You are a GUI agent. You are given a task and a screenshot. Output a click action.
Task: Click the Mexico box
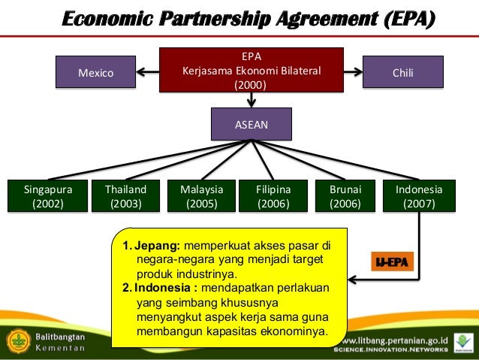pos(96,73)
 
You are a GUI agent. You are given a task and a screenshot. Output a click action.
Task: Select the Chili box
pos(402,73)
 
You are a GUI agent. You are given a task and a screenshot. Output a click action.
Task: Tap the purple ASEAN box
pos(252,124)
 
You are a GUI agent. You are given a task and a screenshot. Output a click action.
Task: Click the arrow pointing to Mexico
pos(147,73)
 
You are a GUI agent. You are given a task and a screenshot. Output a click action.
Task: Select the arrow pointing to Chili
pos(354,73)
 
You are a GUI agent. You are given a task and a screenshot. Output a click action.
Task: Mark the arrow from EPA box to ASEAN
pos(252,100)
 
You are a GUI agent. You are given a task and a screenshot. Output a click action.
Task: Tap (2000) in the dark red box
pos(252,85)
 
